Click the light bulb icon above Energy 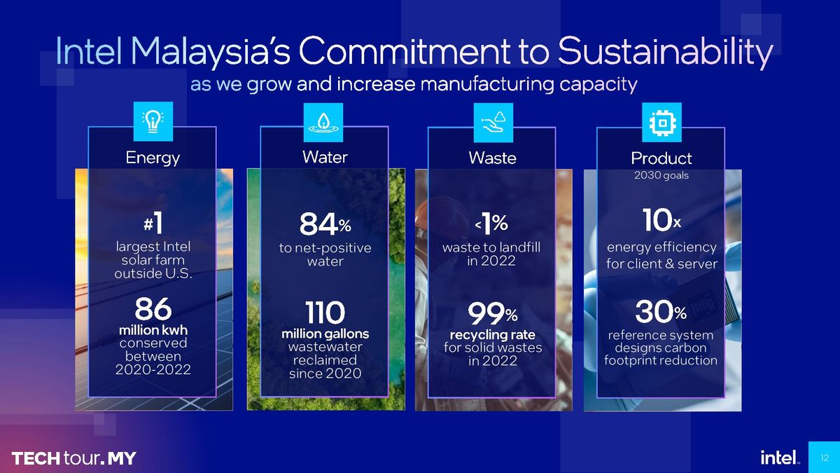click(153, 122)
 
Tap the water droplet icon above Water click(323, 123)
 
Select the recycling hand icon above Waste click(493, 123)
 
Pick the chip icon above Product click(662, 123)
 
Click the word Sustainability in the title click(666, 52)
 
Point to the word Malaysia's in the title click(211, 52)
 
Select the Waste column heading click(492, 158)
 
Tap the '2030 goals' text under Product click(661, 175)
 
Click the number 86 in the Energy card click(153, 309)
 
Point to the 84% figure click(325, 224)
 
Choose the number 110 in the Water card click(325, 313)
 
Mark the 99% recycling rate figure click(492, 313)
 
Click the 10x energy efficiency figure click(661, 220)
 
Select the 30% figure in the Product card click(661, 312)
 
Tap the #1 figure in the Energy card click(153, 223)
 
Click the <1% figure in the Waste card click(491, 224)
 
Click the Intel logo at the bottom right click(780, 458)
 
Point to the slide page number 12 click(825, 458)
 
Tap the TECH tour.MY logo click(74, 458)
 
